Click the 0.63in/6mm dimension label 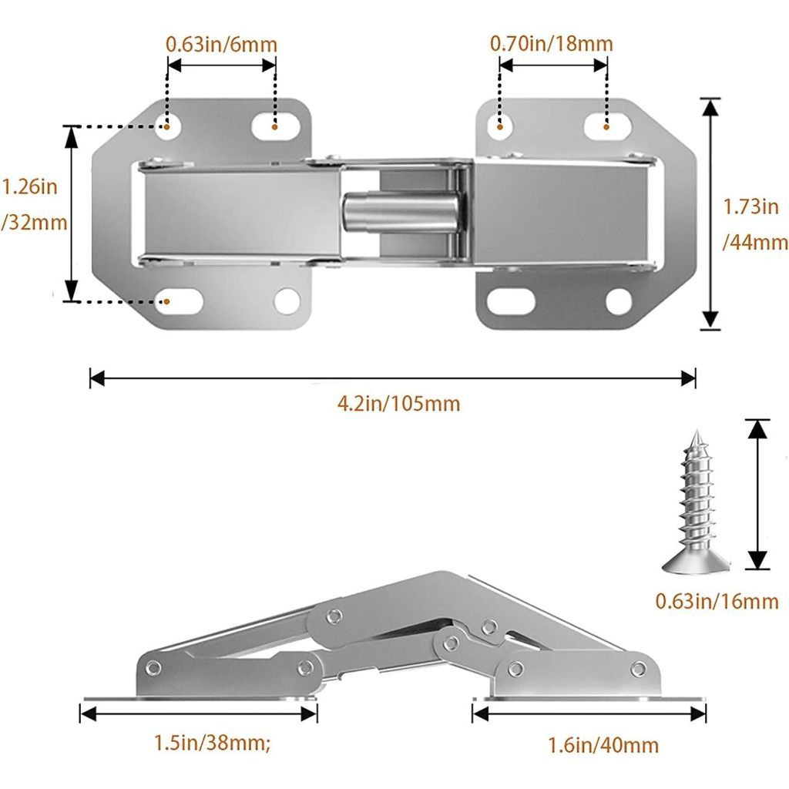221,45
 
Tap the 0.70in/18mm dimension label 552,44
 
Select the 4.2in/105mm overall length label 398,404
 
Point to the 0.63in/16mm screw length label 717,601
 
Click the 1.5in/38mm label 212,743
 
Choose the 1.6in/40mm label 603,745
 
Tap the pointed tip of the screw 697,431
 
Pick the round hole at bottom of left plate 287,301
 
